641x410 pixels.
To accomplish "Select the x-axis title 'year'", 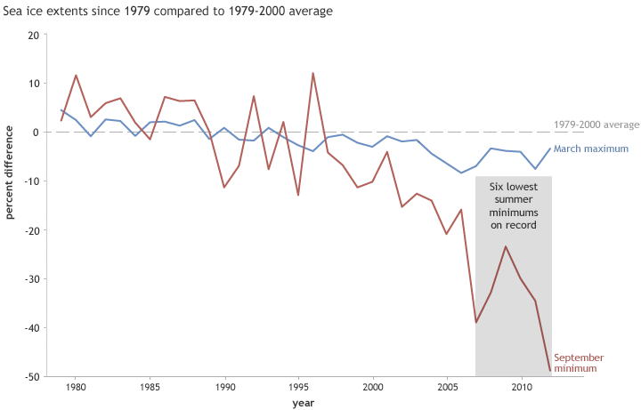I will tap(303, 403).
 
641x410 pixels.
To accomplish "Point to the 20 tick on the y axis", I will tap(34, 35).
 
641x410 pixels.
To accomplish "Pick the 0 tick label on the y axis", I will tap(36, 133).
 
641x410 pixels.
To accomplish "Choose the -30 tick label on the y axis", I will tap(32, 279).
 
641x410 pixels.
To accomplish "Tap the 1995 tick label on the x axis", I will tap(298, 388).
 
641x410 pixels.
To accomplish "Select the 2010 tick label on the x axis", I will tap(522, 388).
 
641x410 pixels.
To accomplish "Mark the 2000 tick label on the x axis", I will tap(373, 388).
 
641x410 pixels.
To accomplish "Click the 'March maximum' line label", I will tap(591, 149).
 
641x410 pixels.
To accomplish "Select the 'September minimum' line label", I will tap(579, 362).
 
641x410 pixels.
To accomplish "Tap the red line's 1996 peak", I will tap(313, 73).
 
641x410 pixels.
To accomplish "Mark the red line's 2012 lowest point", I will tap(550, 370).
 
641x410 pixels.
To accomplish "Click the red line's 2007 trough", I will tap(476, 322).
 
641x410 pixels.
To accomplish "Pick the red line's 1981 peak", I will tap(76, 76).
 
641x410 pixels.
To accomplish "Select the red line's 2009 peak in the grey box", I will tap(506, 246).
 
